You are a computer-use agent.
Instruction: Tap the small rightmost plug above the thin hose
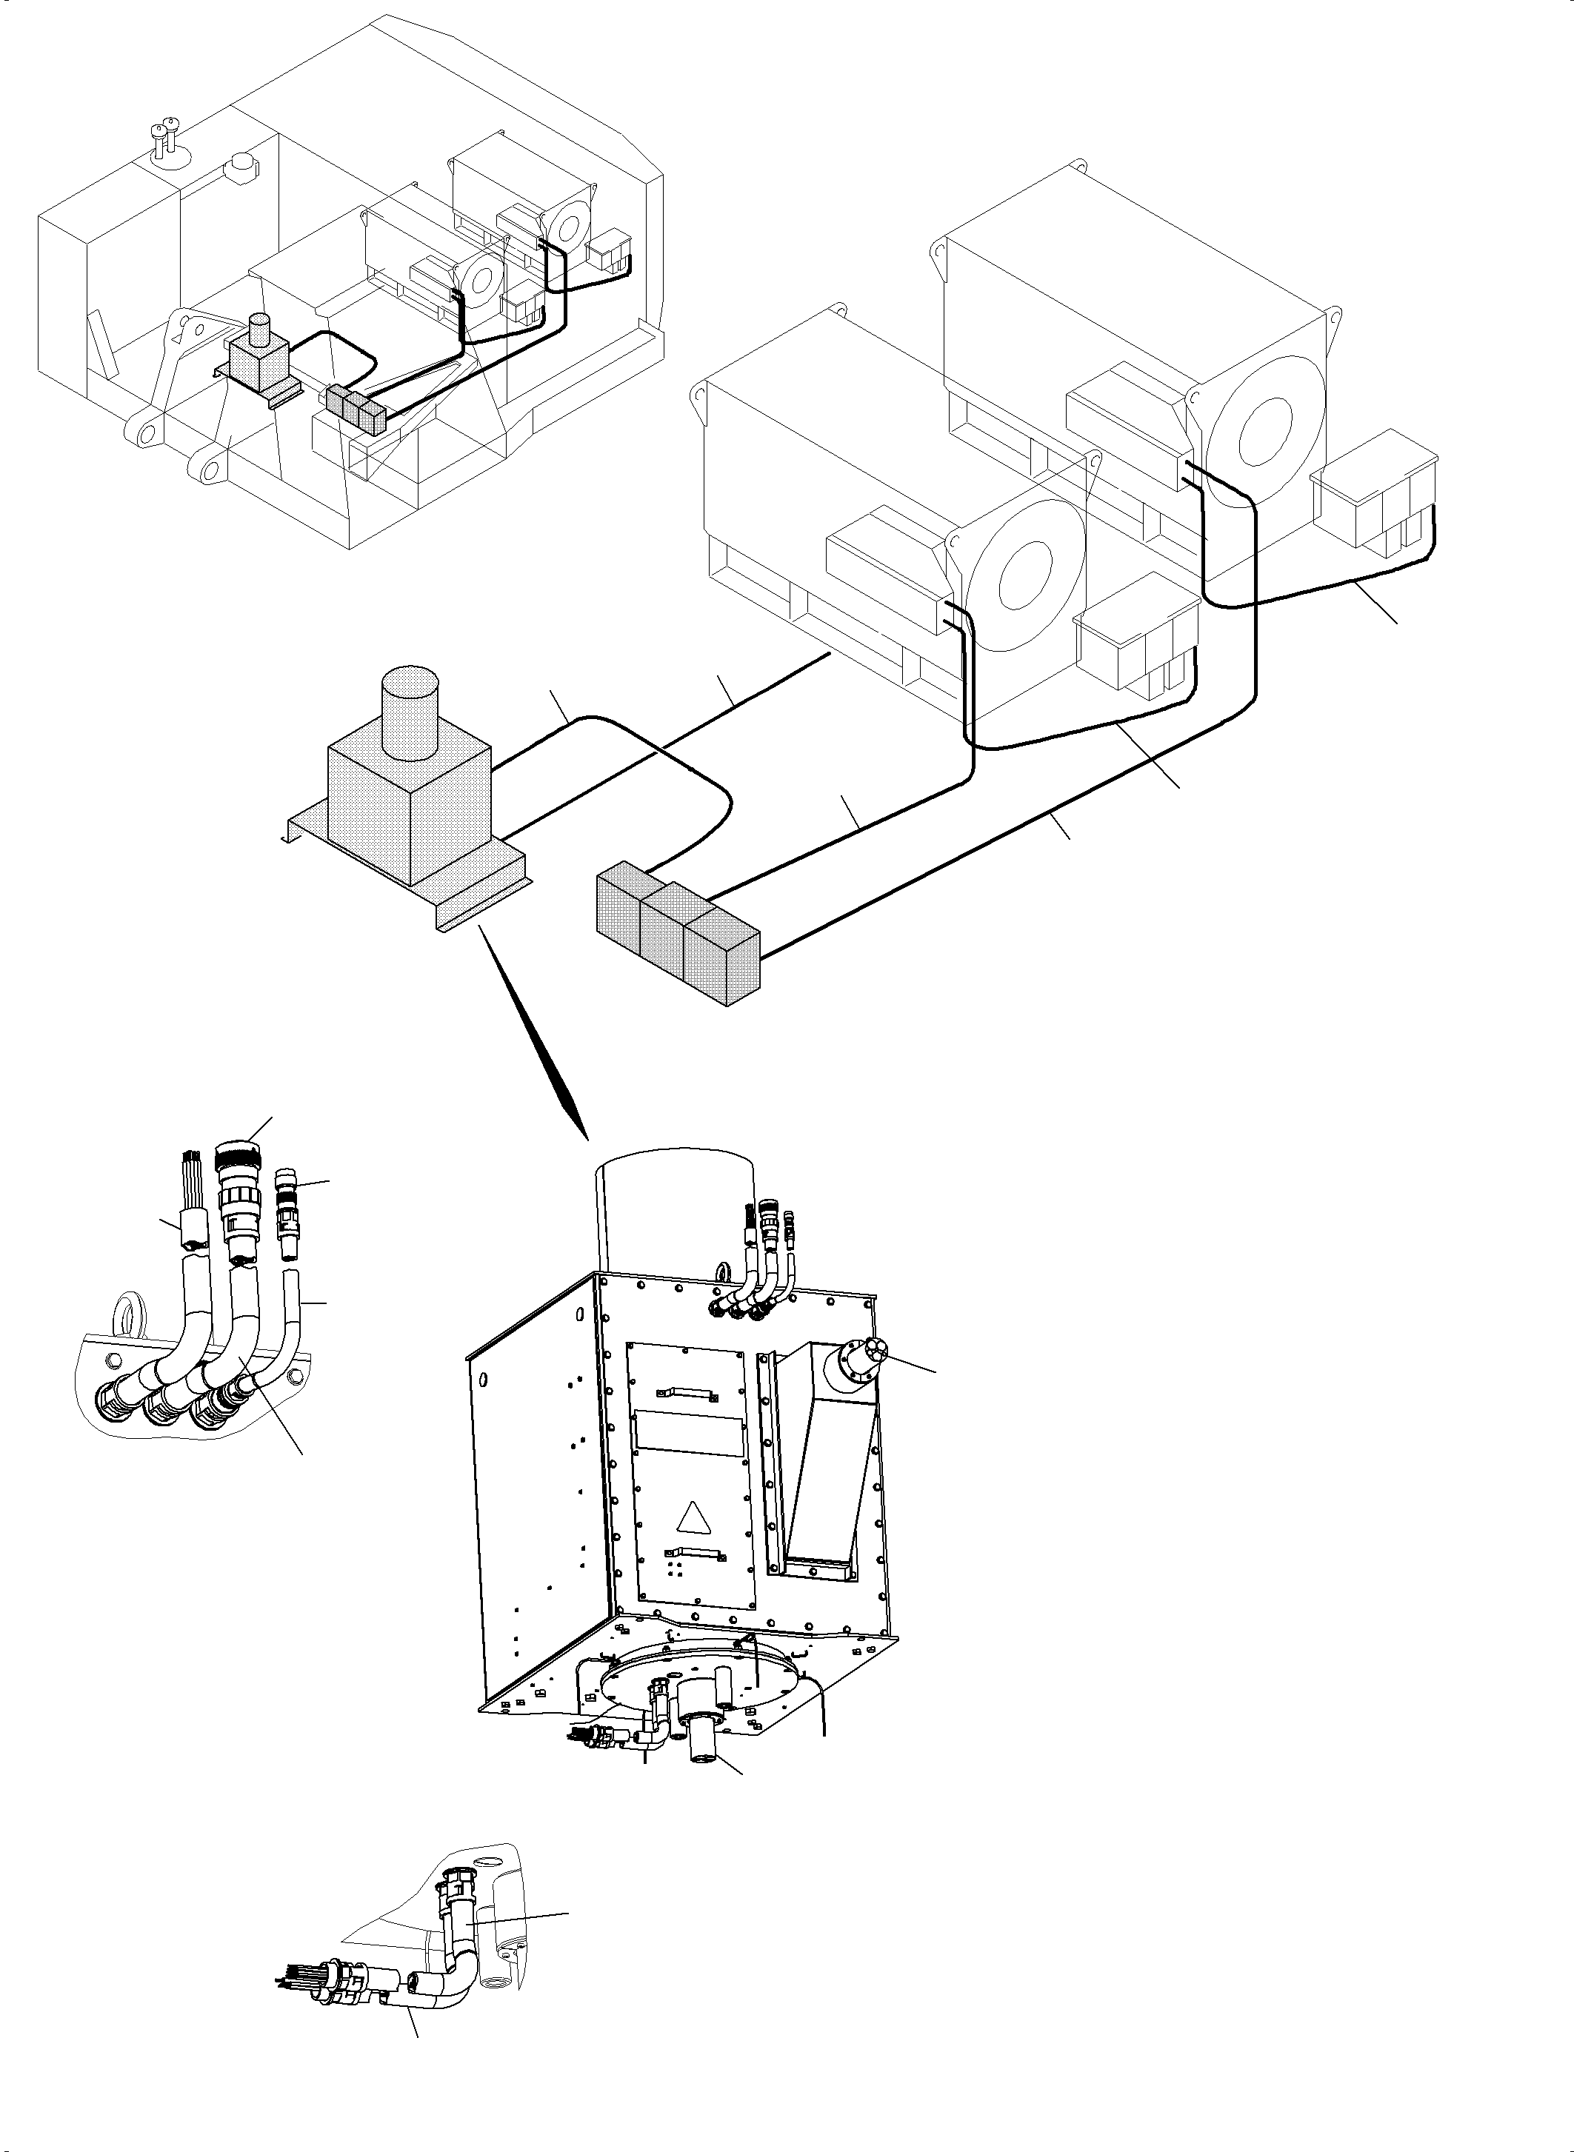(286, 1180)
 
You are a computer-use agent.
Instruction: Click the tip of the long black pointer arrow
(586, 1137)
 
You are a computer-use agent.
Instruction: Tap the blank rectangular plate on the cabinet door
(687, 1447)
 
